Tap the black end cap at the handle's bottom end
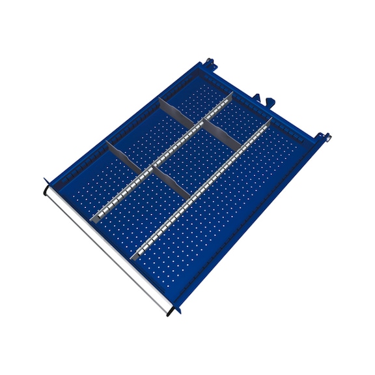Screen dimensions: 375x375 coord(170,312)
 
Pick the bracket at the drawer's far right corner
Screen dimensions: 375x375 coord(324,138)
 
